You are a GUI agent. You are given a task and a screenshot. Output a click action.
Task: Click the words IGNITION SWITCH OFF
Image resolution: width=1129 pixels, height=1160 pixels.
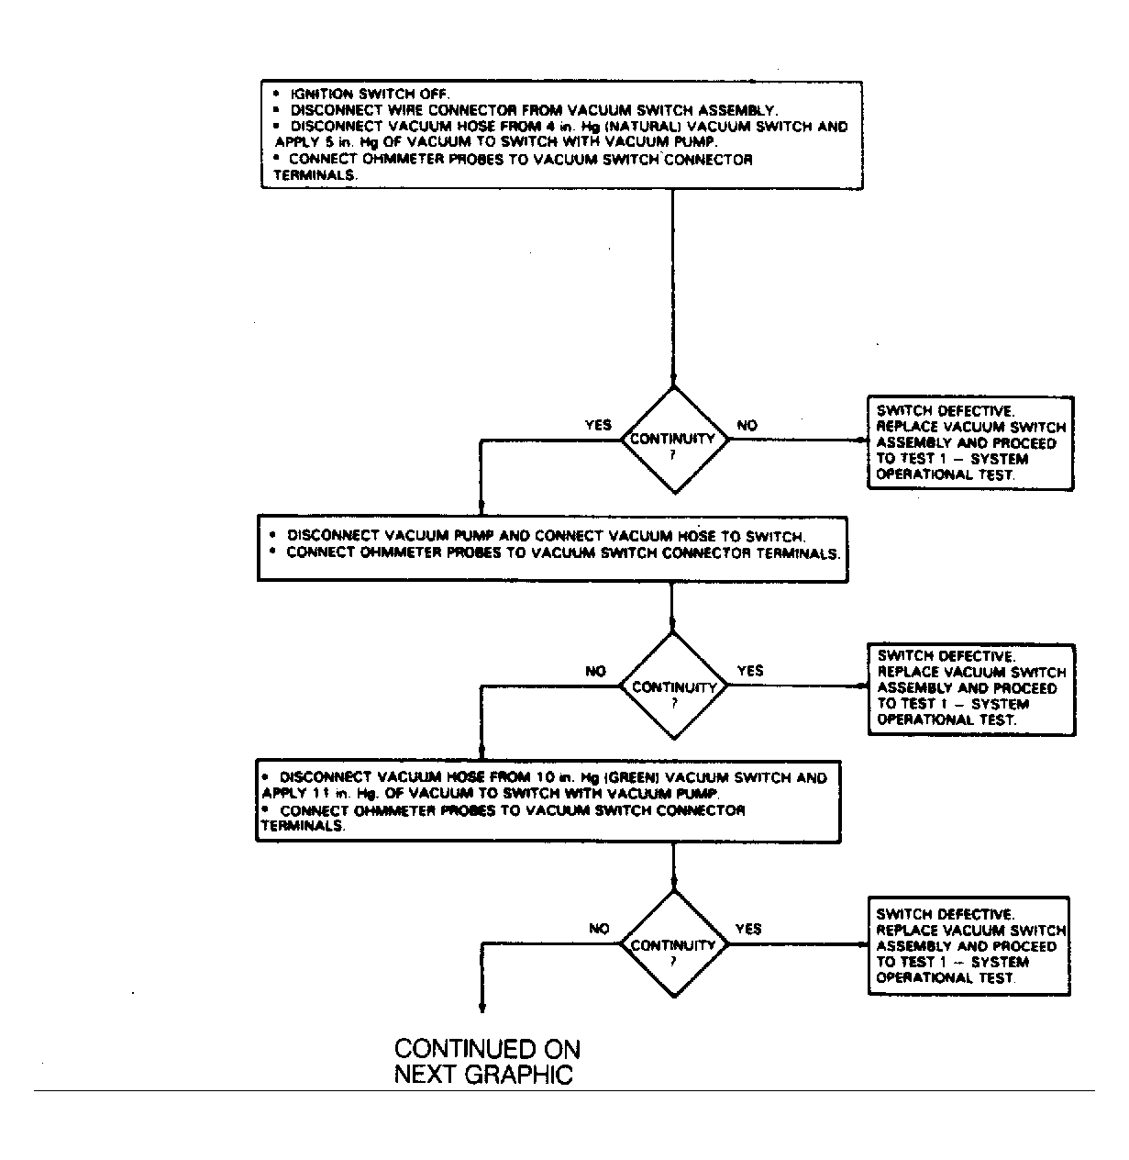tap(370, 95)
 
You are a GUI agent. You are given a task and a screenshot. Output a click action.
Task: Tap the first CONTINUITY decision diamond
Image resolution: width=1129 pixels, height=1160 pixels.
tap(674, 441)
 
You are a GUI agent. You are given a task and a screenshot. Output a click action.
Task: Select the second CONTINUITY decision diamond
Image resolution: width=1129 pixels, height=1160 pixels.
tap(674, 686)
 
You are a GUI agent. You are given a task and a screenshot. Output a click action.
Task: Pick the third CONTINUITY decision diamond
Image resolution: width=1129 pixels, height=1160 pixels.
tap(674, 944)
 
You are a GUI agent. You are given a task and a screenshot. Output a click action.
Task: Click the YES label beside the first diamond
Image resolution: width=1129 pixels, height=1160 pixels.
tap(598, 425)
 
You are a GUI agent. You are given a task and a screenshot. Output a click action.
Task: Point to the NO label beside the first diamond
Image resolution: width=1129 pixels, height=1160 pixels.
tap(747, 425)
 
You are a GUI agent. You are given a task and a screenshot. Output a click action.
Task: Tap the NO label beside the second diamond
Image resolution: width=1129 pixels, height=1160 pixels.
tap(595, 671)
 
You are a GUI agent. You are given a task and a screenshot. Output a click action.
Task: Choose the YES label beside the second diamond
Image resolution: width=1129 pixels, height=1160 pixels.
tap(750, 671)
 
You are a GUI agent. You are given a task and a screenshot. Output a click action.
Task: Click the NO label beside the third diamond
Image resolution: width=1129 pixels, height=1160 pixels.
tap(599, 929)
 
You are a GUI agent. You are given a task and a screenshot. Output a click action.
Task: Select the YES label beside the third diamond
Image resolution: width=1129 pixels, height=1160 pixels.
tap(748, 929)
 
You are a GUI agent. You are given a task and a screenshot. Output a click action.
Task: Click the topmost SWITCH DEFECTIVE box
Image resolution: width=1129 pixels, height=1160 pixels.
tap(970, 443)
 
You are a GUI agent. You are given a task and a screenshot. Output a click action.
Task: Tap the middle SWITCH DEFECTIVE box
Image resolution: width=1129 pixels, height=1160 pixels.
tap(972, 690)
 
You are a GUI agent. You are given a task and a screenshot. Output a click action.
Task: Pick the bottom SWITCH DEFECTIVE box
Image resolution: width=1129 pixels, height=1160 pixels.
tap(969, 946)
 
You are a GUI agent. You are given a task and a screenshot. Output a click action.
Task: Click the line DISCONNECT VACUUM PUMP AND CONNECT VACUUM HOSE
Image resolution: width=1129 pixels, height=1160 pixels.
tap(546, 536)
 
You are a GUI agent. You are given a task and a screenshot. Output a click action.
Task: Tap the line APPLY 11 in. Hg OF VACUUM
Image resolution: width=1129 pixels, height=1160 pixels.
tap(490, 794)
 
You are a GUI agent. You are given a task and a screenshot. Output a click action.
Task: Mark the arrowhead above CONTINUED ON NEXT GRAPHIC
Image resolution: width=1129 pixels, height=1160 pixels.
tap(482, 1009)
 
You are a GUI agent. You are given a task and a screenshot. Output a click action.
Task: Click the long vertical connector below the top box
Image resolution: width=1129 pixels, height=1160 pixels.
tap(673, 287)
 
